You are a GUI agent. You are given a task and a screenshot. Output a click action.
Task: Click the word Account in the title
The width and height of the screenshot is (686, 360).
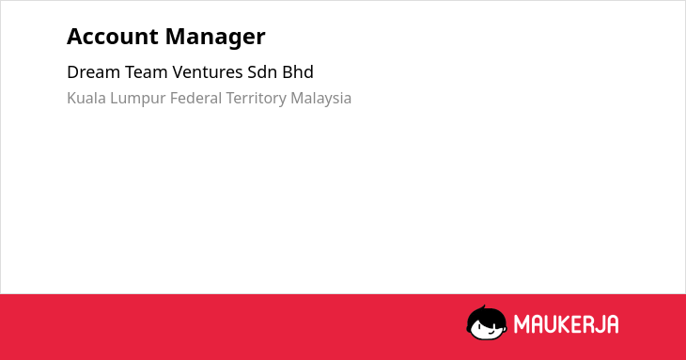coord(113,37)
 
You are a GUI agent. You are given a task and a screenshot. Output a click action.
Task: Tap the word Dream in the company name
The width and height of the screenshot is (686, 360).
coord(94,72)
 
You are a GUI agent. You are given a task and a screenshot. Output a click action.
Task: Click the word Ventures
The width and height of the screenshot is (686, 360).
coord(208,72)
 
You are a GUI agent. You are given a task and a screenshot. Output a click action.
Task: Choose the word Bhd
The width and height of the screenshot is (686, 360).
coord(298,72)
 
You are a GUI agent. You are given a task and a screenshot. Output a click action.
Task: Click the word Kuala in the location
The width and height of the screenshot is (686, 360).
coord(86,98)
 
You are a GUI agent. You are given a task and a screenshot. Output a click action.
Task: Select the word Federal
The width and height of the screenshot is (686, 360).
coord(196,98)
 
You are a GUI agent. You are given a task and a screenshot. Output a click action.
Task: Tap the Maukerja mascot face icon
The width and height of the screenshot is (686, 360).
coord(487,323)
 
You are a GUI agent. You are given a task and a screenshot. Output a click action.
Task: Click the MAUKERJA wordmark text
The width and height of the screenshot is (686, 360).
coord(566,324)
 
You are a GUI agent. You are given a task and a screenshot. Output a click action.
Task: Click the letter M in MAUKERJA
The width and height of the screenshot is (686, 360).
coord(522,324)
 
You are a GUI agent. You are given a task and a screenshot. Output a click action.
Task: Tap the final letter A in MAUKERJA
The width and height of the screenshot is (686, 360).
coord(613,324)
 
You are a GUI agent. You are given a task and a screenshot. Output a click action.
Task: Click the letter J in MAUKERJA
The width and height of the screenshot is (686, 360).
coord(600,324)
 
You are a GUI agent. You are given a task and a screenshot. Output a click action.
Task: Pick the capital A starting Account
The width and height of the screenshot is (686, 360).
coord(75,37)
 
